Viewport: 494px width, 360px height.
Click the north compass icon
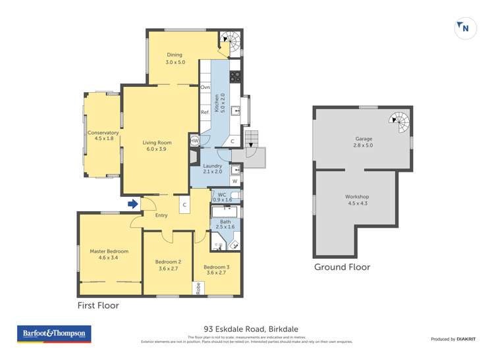pos(466,28)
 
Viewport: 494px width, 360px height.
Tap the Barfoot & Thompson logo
pos(55,334)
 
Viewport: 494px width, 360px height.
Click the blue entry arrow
pos(134,205)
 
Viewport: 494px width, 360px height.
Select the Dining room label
pos(174,59)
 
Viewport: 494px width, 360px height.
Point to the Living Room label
pos(157,145)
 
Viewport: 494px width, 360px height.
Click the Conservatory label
pos(103,136)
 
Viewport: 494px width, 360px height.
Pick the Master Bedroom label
pos(109,254)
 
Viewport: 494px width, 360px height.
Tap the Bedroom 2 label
pos(168,265)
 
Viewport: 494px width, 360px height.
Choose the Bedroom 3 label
pos(217,270)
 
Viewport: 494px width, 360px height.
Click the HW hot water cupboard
pos(195,141)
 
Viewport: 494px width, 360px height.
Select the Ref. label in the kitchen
pos(205,112)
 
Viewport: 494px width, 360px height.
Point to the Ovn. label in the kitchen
pos(205,87)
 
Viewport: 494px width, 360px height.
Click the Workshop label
pos(357,200)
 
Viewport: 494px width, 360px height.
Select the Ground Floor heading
pos(342,267)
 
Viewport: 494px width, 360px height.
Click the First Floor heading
pos(98,306)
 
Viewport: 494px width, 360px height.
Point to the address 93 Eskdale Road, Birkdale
pos(247,329)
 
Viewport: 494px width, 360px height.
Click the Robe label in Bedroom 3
pos(197,288)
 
